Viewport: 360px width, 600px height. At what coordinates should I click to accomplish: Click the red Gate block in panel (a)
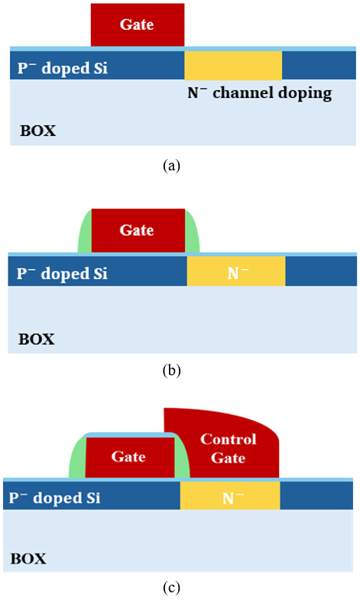[x=138, y=25]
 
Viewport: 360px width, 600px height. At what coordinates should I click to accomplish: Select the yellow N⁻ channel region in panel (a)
[x=233, y=66]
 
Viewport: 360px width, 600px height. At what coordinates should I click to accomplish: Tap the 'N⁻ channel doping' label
[x=259, y=93]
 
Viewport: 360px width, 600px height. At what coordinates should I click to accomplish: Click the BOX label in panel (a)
[x=37, y=131]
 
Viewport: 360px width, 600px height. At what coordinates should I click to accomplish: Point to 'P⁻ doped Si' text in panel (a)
[x=63, y=68]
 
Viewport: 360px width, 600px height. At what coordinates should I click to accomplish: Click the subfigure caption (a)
[x=171, y=166]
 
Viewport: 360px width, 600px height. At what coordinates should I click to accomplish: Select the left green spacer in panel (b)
[x=85, y=232]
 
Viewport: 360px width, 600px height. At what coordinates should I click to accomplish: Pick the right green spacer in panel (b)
[x=192, y=232]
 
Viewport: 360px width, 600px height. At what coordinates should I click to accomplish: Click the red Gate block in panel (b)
[x=138, y=231]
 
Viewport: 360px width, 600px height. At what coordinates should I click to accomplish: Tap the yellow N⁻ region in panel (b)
[x=236, y=271]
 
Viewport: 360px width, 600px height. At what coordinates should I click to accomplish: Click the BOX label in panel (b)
[x=37, y=339]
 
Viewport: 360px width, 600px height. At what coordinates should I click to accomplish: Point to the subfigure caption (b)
[x=171, y=371]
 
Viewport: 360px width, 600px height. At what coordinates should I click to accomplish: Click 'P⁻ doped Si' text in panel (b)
[x=62, y=274]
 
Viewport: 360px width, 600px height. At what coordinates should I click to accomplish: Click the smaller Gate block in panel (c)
[x=130, y=457]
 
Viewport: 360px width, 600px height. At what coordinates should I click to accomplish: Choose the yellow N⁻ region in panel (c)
[x=230, y=495]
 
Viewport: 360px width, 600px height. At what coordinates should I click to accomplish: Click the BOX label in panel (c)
[x=28, y=559]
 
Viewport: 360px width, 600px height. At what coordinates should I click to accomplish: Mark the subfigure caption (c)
[x=171, y=587]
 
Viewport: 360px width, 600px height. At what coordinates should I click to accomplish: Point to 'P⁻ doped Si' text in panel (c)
[x=54, y=498]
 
